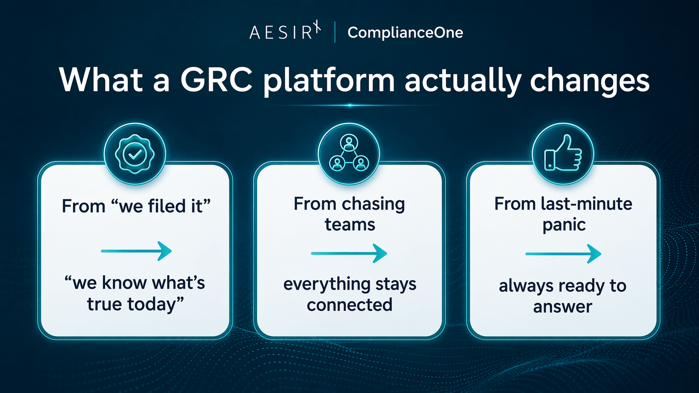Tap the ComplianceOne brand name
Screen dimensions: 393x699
(405, 33)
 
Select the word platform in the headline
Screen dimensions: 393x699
(329, 80)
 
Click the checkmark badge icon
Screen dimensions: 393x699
(135, 154)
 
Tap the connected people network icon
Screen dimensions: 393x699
(349, 154)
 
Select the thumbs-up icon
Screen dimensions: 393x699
(563, 154)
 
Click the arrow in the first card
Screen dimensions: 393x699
(136, 251)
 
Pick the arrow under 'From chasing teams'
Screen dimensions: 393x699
(349, 253)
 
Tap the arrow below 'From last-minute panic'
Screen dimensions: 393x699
(563, 254)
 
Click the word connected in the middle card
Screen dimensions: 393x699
(349, 305)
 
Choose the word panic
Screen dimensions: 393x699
(564, 225)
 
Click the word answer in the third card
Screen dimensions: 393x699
(563, 307)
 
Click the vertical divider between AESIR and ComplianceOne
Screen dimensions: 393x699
(335, 33)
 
